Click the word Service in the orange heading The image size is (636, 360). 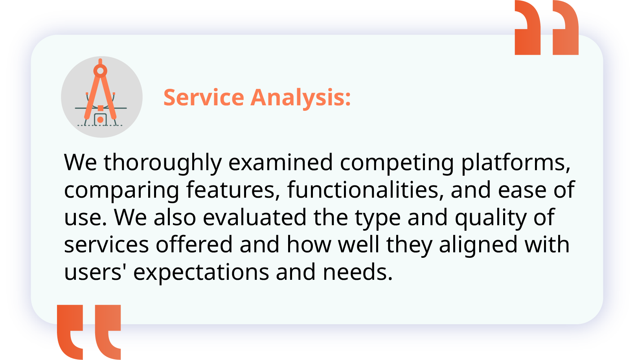pyautogui.click(x=204, y=97)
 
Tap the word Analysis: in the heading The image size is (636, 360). pyautogui.click(x=301, y=97)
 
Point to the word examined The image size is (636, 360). pyautogui.click(x=281, y=162)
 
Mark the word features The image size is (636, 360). pyautogui.click(x=233, y=189)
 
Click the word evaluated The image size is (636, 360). pyautogui.click(x=254, y=217)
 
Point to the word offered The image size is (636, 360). pyautogui.click(x=194, y=244)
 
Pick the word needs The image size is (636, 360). pyautogui.click(x=358, y=272)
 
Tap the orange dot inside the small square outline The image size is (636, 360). pyautogui.click(x=100, y=120)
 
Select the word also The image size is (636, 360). pyautogui.click(x=175, y=217)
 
